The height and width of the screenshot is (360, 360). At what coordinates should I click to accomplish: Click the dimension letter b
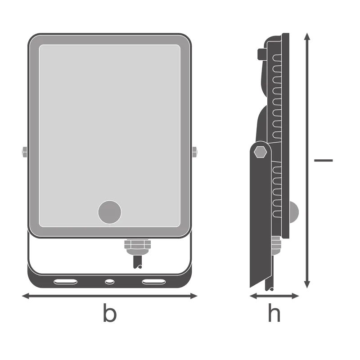pos(110,313)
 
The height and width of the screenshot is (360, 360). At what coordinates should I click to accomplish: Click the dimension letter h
pos(274,312)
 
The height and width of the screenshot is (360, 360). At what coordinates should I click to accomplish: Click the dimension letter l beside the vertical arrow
pos(323,160)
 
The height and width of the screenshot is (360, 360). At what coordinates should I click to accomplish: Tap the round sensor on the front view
pos(109,212)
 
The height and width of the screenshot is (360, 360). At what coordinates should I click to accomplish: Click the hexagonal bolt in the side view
pos(261,152)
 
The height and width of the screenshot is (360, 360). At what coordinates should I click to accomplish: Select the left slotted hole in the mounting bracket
pos(65,282)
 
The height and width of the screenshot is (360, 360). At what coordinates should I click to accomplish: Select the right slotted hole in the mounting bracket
pos(154,282)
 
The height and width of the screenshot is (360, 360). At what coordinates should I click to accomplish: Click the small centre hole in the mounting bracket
pos(109,282)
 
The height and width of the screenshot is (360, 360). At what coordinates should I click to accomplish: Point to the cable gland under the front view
pos(137,247)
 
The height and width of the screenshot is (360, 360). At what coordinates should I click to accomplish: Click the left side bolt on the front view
pos(24,152)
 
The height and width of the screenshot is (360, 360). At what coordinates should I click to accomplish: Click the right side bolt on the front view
pos(195,152)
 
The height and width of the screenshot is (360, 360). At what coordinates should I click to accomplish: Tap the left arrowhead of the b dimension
pos(25,296)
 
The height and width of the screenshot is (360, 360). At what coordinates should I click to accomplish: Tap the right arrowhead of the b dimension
pos(194,296)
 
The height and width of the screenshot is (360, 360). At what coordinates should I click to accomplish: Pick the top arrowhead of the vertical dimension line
pos(307,36)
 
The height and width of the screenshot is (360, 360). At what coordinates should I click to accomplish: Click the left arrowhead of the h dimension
pos(253,296)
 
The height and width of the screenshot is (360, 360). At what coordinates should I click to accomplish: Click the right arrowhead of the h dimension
pos(295,296)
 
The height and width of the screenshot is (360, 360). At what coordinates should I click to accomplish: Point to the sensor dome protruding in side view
pos(294,212)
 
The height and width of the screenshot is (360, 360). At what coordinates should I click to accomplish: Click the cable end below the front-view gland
pos(138,262)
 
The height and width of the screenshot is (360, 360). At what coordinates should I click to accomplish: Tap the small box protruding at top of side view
pos(262,54)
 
